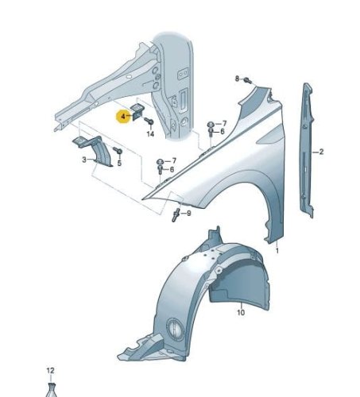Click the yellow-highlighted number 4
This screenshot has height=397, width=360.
click(x=123, y=116)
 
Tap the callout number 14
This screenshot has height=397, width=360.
click(x=150, y=134)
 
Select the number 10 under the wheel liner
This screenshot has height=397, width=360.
click(x=241, y=313)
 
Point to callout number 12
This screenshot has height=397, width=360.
click(x=50, y=371)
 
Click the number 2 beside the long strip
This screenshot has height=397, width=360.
click(x=321, y=152)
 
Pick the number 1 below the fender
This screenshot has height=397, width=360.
click(x=277, y=250)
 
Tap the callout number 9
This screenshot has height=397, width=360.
click(x=188, y=213)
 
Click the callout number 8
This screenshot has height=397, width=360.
click(x=237, y=79)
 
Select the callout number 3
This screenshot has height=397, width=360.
click(x=84, y=160)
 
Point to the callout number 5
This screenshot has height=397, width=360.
click(x=119, y=163)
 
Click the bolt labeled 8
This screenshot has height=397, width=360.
click(x=248, y=80)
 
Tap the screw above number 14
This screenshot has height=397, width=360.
click(x=149, y=121)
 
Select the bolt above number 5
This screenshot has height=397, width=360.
click(x=118, y=150)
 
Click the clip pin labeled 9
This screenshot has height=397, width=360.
click(x=176, y=214)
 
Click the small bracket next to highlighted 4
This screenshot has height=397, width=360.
click(x=137, y=111)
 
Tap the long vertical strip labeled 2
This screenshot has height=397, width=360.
click(x=307, y=149)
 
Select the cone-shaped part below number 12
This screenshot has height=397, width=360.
click(x=52, y=390)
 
